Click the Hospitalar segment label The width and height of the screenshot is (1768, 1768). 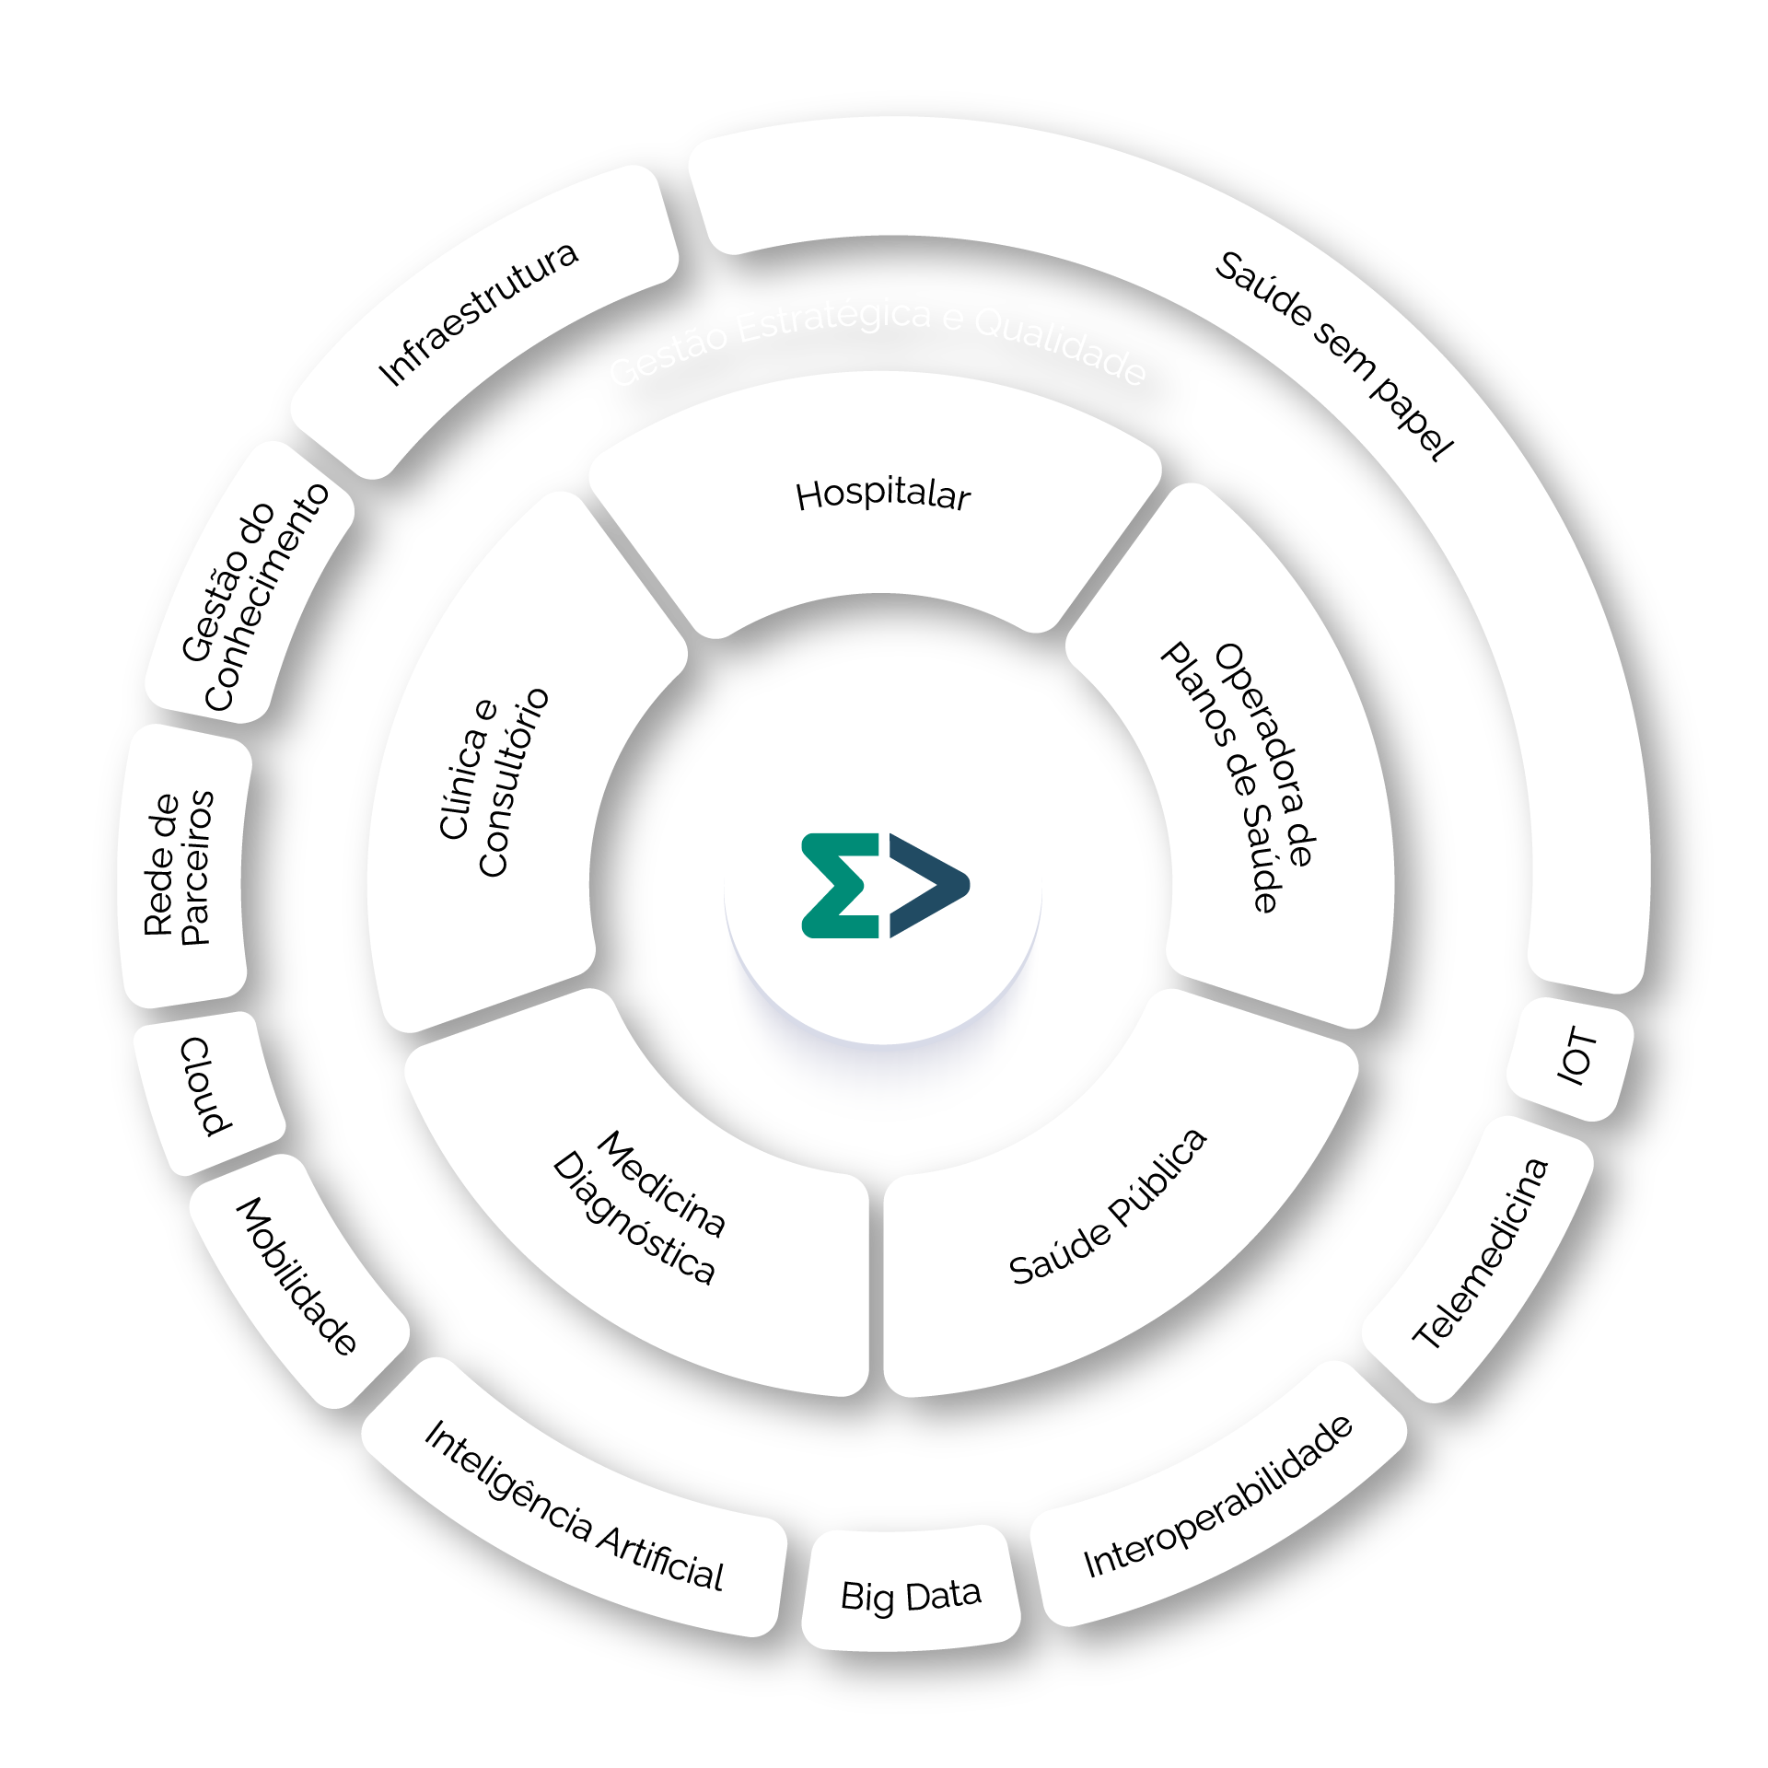(882, 495)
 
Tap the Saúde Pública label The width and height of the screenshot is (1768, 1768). (1107, 1207)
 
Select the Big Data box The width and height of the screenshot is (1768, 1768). (911, 1595)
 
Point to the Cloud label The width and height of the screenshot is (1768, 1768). (206, 1087)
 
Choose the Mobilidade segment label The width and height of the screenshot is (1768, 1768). (297, 1276)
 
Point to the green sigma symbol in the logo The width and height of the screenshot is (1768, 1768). (838, 886)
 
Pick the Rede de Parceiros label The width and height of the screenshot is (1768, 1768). (179, 867)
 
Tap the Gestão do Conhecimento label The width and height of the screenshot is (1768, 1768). (254, 597)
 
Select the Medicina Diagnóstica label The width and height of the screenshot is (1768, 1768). (639, 1207)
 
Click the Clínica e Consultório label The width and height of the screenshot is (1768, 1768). (494, 783)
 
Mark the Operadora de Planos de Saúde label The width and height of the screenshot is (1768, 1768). (1238, 777)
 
